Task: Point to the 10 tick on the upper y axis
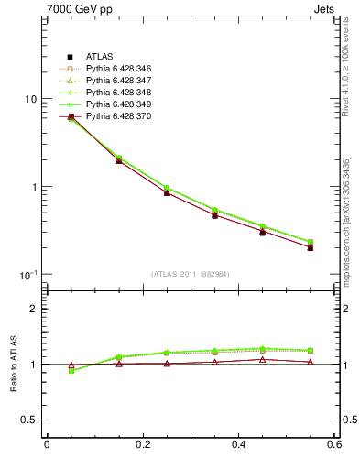30,99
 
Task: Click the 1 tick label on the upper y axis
33,187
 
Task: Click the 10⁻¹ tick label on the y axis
27,275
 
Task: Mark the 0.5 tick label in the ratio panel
29,420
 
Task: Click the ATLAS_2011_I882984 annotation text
191,274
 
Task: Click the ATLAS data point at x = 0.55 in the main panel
311,247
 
